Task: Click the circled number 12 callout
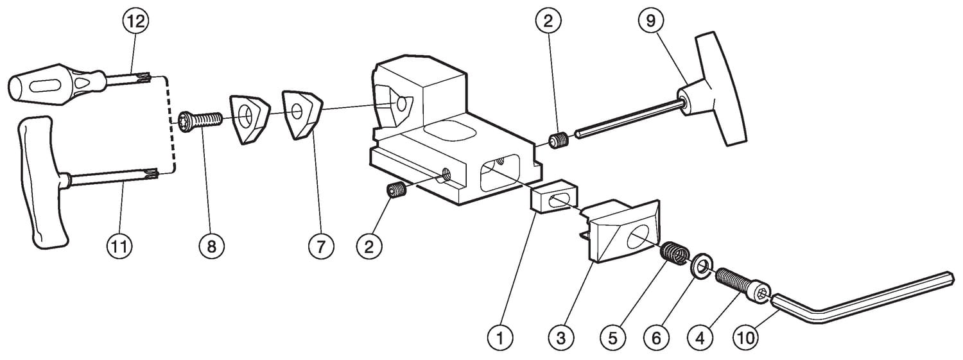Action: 136,21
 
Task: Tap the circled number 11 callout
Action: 119,246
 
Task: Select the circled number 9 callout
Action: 651,21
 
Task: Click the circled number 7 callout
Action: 321,246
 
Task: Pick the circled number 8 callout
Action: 213,246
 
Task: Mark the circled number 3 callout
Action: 561,336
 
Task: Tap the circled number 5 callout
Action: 614,336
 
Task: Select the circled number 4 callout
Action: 700,336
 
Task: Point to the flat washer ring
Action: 700,265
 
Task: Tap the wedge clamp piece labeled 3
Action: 623,231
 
